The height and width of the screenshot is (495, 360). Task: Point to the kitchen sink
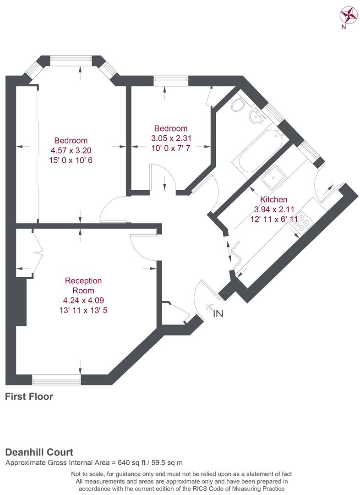(x=273, y=177)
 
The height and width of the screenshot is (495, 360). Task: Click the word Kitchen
(x=273, y=199)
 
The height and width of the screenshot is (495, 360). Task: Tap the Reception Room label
(x=83, y=286)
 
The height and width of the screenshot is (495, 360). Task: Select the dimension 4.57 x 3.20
(x=71, y=150)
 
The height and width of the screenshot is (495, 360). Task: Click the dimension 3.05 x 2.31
(x=171, y=138)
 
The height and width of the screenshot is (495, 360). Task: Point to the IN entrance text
(x=218, y=313)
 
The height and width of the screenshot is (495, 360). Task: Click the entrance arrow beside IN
(x=209, y=307)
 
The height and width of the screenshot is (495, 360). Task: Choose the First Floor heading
(x=29, y=396)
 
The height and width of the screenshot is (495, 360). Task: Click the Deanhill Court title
(x=39, y=452)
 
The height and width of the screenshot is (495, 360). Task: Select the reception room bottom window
(x=56, y=380)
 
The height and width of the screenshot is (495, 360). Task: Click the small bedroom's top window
(x=171, y=81)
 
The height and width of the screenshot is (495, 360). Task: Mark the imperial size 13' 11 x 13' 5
(x=83, y=310)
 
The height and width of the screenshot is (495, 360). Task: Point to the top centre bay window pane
(x=71, y=60)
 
